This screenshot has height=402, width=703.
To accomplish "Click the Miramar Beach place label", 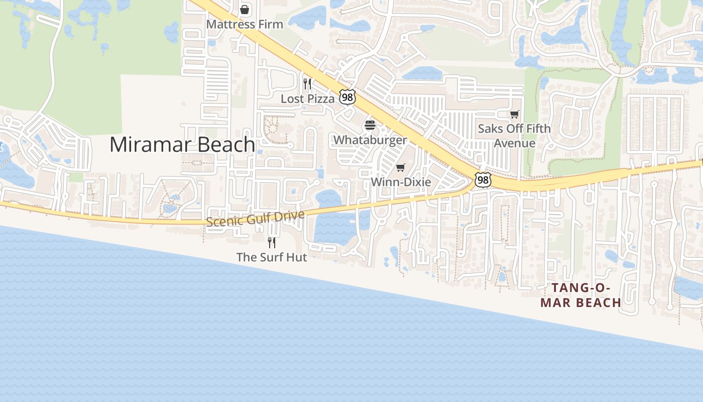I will pyautogui.click(x=182, y=145).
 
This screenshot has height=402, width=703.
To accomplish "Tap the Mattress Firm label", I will pyautogui.click(x=245, y=24).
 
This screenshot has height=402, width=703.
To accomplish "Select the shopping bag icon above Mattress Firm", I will pyautogui.click(x=245, y=10).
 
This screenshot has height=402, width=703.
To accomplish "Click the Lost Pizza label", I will pyautogui.click(x=307, y=98).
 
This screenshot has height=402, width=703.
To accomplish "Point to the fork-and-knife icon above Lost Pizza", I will pyautogui.click(x=307, y=83).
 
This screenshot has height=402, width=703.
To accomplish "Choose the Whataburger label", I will pyautogui.click(x=370, y=140).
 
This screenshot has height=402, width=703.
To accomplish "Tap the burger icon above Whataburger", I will pyautogui.click(x=370, y=125).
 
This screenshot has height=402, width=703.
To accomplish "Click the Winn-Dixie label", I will pyautogui.click(x=401, y=182).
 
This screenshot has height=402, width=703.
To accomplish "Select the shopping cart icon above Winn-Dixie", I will pyautogui.click(x=401, y=167).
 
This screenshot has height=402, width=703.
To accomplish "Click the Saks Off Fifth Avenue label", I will pyautogui.click(x=514, y=136).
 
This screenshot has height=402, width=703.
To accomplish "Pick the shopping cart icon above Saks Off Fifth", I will pyautogui.click(x=514, y=115).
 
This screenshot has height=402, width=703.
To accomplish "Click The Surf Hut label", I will pyautogui.click(x=272, y=257).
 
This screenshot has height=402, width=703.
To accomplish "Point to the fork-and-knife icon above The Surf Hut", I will pyautogui.click(x=272, y=243).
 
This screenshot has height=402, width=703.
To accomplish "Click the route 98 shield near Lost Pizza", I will pyautogui.click(x=347, y=97).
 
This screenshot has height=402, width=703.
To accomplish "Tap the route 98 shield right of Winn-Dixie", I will pyautogui.click(x=483, y=180).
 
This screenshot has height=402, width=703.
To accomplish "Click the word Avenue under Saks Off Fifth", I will pyautogui.click(x=514, y=143).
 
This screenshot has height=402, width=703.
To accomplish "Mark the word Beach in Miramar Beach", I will pyautogui.click(x=227, y=145).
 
